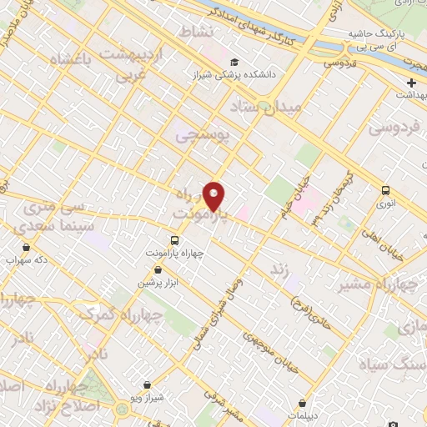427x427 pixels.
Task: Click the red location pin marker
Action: click(x=214, y=195)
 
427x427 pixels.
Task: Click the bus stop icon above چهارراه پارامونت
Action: click(x=173, y=240)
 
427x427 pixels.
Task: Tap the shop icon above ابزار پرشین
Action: click(x=158, y=270)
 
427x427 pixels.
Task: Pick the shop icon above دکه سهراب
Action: click(x=27, y=247)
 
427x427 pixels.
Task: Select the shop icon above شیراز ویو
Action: click(x=148, y=385)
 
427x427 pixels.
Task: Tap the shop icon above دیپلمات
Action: click(x=302, y=402)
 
